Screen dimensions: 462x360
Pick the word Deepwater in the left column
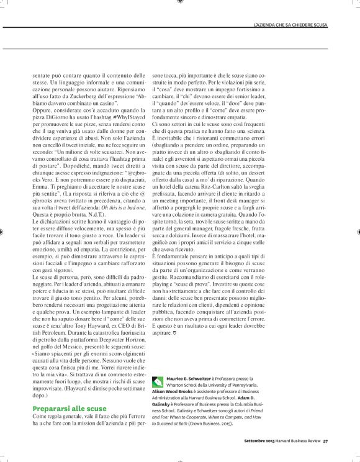[117, 332]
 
